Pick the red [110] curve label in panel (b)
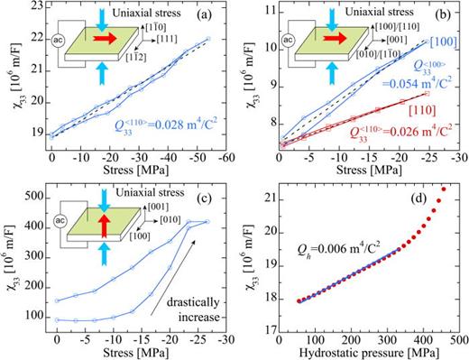pos(439,92)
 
